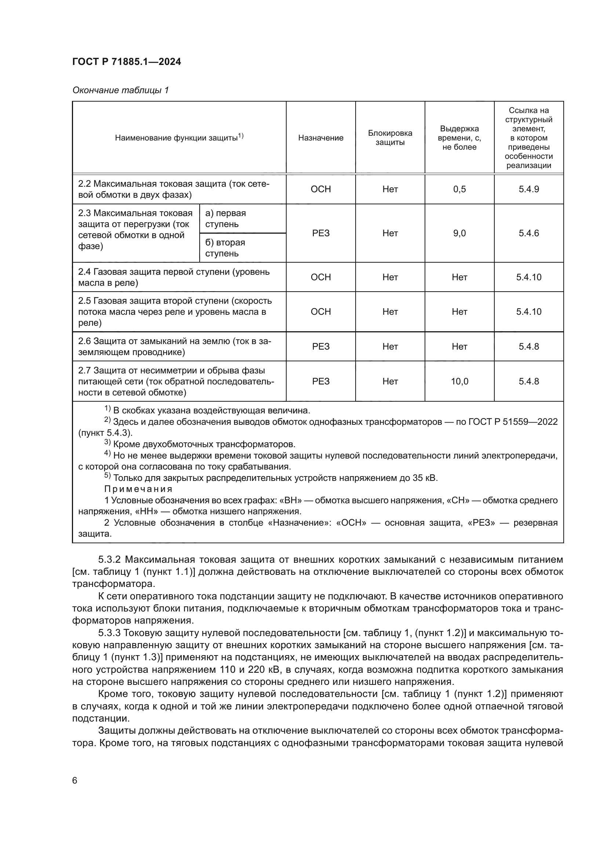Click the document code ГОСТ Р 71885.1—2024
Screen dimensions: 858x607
pos(126,62)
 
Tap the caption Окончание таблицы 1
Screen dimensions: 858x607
pos(120,90)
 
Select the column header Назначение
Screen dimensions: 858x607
pos(320,138)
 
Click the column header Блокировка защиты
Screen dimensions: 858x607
pos(390,138)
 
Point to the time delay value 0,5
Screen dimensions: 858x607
pos(459,189)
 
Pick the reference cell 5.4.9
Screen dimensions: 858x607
pos(528,189)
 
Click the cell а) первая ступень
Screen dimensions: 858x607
pos(225,219)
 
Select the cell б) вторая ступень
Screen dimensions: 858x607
pos(225,248)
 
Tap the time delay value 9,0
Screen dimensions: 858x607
pos(459,233)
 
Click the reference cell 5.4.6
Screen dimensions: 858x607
pos(528,233)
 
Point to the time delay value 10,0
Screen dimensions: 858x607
pos(459,381)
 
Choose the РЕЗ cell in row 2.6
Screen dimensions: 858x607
pos(320,346)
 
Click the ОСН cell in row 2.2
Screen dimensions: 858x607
pos(320,189)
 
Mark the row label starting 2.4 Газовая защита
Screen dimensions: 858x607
pos(174,277)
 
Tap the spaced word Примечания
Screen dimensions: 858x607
pos(138,489)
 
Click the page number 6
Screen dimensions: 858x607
pos(75,781)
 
